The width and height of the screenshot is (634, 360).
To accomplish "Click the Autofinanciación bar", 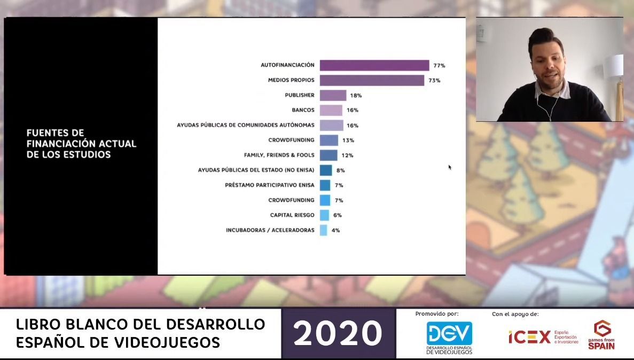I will point(374,65).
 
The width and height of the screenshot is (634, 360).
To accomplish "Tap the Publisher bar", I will point(333,95).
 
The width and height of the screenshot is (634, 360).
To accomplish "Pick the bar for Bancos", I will point(331,110).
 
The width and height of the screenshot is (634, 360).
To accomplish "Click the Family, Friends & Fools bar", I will point(328,155).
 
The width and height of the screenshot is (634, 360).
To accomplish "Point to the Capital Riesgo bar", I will point(324,215).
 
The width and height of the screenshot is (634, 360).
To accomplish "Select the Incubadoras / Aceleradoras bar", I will point(323,230).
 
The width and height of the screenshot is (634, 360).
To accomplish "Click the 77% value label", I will point(439,65).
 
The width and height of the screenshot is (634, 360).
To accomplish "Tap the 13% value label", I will point(348,140).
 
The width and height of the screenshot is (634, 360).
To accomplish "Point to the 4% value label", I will point(335,230).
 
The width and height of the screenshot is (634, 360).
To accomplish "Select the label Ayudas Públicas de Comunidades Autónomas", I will point(245,126).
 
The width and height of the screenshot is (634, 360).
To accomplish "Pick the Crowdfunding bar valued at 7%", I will point(325,200).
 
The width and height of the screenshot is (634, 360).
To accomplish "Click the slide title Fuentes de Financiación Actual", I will point(81,144).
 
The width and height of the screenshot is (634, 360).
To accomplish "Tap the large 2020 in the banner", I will point(338,333).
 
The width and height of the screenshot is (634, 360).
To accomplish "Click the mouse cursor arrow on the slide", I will point(450,167).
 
